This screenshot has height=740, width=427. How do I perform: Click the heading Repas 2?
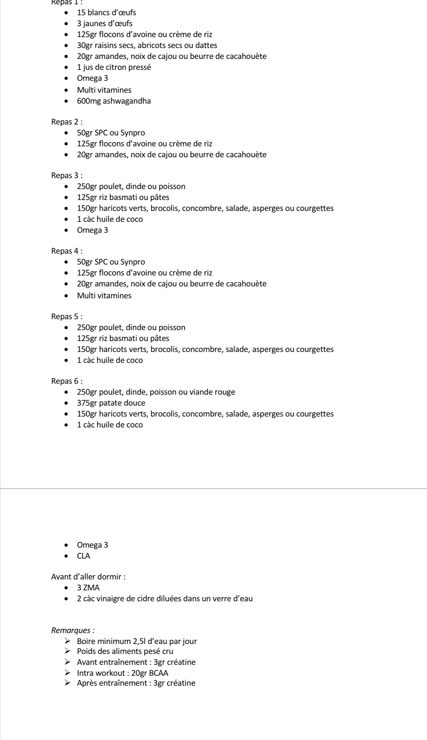[67, 122]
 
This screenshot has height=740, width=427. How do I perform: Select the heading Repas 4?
[67, 251]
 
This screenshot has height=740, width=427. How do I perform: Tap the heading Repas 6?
[67, 381]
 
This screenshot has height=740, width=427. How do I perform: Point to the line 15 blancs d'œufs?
[106, 13]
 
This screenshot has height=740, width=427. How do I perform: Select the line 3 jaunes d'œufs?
[105, 24]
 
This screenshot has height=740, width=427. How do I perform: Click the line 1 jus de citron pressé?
[114, 68]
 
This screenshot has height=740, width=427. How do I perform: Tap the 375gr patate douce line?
[111, 403]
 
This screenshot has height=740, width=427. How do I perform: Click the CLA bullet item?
[83, 556]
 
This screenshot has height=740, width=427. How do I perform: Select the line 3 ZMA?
[88, 588]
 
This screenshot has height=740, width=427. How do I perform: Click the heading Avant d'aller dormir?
[88, 577]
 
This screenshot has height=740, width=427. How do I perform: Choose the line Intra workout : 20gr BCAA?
[122, 673]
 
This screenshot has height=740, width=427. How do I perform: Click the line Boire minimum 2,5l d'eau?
[137, 641]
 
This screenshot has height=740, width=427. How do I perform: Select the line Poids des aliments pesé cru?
[125, 651]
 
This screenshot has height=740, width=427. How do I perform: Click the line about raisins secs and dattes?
[147, 45]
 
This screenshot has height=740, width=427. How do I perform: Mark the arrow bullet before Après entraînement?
[68, 683]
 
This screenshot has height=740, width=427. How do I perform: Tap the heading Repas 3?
[67, 175]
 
